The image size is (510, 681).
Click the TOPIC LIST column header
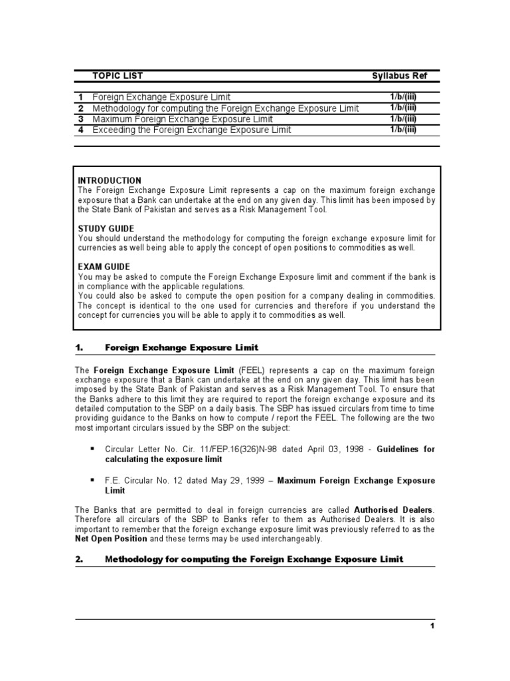[x=117, y=76]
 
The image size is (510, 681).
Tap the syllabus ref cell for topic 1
[x=403, y=97]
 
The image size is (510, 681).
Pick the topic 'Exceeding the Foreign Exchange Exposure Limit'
[x=191, y=130]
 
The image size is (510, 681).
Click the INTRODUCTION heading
[x=110, y=180]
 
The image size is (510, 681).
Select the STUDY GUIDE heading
[x=106, y=228]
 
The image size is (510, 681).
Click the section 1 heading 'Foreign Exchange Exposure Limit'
[x=181, y=348]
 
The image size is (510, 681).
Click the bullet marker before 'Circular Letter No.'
[x=92, y=449]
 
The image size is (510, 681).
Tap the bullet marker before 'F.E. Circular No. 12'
[x=92, y=480]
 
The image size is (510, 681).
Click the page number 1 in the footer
[x=432, y=626]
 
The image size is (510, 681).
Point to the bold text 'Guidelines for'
[x=406, y=449]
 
